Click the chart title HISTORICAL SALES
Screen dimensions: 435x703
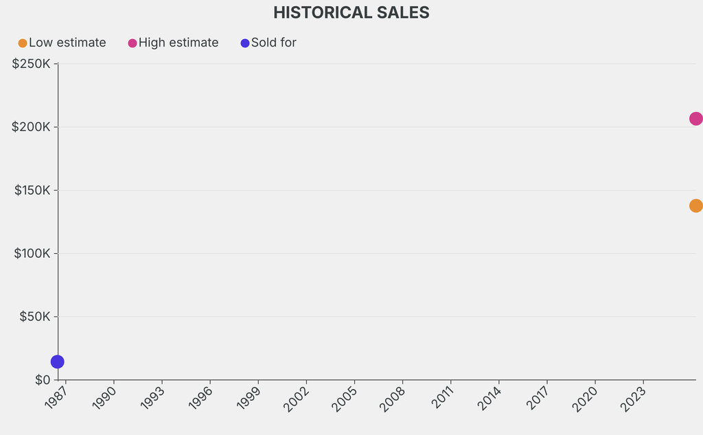click(351, 12)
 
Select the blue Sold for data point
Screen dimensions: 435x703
click(58, 362)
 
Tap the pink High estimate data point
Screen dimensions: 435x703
click(695, 119)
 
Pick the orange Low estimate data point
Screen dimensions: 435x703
click(695, 206)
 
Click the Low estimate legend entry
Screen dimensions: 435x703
click(62, 43)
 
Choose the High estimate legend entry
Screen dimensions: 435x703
click(173, 43)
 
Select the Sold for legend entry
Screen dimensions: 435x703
click(268, 43)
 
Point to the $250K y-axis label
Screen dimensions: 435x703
click(31, 64)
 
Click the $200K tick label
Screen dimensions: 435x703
click(31, 127)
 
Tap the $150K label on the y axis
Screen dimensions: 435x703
click(31, 190)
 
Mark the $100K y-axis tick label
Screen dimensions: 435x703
click(31, 253)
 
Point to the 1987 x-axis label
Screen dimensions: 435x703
click(56, 398)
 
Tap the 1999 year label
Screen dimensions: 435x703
click(249, 398)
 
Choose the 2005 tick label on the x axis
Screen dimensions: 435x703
click(345, 398)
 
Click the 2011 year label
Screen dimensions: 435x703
click(441, 398)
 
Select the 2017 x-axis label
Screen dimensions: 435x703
click(538, 398)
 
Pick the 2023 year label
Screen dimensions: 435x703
click(634, 398)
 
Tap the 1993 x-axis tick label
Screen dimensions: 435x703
click(152, 398)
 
